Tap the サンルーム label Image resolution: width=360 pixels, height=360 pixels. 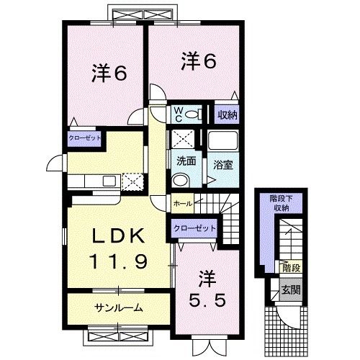117,308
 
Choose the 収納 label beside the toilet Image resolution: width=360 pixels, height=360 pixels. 227,114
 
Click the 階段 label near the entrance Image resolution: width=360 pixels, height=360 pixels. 290,269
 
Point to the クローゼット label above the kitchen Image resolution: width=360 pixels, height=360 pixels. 85,137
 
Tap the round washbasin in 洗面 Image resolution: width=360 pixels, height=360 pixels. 182,179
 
